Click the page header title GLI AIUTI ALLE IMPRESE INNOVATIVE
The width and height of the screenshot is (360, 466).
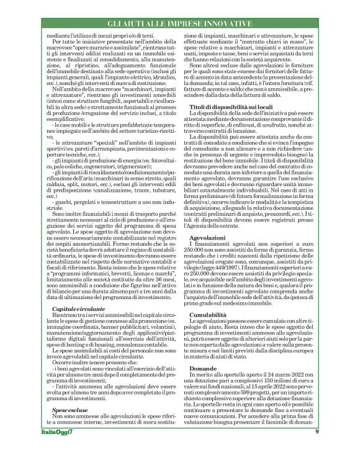pyautogui.click(x=180, y=23)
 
